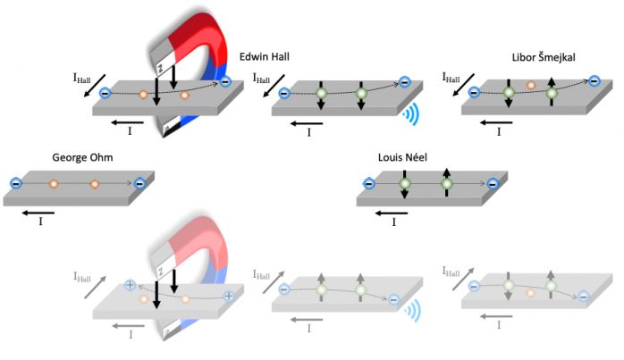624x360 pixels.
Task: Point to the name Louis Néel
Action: pos(403,158)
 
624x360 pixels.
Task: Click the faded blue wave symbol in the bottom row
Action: pos(411,310)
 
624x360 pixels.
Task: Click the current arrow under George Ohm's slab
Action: pos(38,213)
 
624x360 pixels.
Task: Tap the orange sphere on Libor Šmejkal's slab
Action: pos(531,87)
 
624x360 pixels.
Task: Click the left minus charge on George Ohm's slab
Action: pos(16,184)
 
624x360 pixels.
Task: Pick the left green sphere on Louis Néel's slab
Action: pos(405,184)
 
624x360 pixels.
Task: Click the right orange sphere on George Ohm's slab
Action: pos(94,184)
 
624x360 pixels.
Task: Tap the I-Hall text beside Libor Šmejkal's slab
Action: pos(454,79)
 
